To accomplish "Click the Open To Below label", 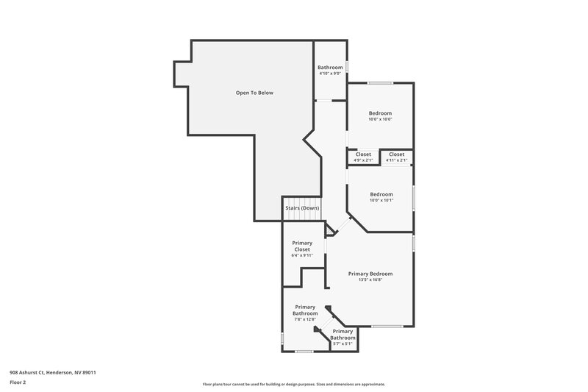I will tap(254, 93).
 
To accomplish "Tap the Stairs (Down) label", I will tap(302, 208).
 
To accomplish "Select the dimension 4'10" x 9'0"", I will tap(330, 73).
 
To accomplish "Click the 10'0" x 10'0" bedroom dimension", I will tap(380, 119).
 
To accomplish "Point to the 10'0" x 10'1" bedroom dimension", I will tap(381, 200).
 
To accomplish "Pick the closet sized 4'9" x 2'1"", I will tap(363, 160).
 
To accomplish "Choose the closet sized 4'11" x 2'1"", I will tap(396, 160).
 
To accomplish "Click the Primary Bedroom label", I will tap(370, 274).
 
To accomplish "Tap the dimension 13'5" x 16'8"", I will tap(370, 279).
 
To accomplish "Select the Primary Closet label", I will tap(302, 246).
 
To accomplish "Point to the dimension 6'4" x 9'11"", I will tap(302, 255).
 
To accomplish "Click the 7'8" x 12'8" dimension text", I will tap(305, 319).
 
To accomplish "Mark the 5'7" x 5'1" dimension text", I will tap(343, 343).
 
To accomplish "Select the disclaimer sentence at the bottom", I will tap(293, 384).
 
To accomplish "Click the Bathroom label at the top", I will tap(330, 68).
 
